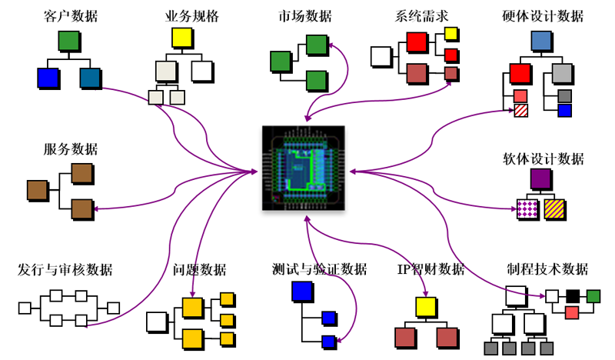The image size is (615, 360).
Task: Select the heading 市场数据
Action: tap(305, 16)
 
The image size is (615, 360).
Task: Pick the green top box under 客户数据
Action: tap(69, 41)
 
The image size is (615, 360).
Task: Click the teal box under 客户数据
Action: tap(90, 78)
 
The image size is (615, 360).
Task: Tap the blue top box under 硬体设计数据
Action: tap(541, 40)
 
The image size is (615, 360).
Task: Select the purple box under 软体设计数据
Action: tap(540, 178)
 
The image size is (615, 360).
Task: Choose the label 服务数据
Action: tap(71, 149)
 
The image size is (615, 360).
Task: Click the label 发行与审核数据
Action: tap(65, 270)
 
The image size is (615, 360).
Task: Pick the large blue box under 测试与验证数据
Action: tap(301, 292)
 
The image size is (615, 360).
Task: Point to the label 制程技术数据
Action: tap(547, 270)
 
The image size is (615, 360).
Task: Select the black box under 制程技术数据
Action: tap(573, 295)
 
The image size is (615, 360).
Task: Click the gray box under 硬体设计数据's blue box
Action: tap(562, 74)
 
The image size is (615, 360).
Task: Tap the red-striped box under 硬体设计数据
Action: tap(520, 110)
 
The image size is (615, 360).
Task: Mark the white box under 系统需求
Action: tap(381, 55)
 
